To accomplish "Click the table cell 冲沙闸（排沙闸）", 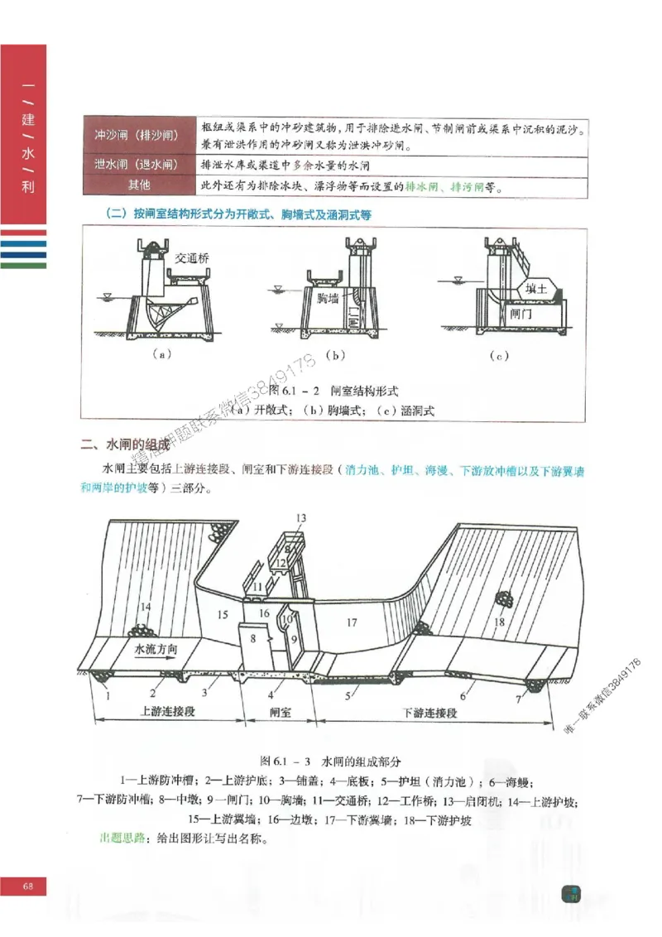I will [138, 135].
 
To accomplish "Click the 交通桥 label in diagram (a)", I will [192, 258].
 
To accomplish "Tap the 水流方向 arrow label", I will [155, 649].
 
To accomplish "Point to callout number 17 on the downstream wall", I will [351, 621].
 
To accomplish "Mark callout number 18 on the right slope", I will [500, 622].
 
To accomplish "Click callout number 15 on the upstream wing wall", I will [221, 614].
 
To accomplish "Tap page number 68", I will [28, 887].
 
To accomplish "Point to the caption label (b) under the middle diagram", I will [335, 356].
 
